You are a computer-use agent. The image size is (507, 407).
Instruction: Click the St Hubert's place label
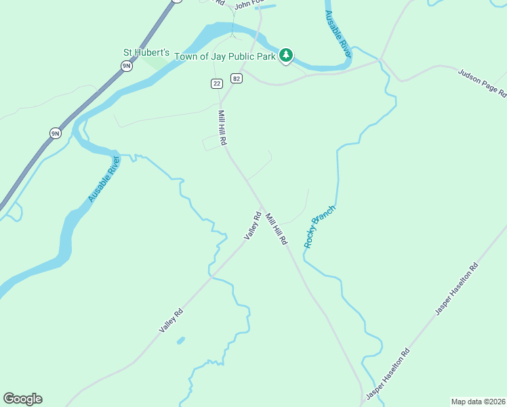coord(145,52)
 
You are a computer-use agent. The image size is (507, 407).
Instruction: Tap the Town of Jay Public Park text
coord(225,56)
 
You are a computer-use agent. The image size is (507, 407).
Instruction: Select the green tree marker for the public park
coord(287,54)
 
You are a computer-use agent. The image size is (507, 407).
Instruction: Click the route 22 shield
coord(216,83)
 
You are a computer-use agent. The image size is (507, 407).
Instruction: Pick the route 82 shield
coord(236,78)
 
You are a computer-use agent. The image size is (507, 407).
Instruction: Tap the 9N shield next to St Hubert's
coord(126,65)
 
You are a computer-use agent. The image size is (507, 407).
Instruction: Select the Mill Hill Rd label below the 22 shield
coord(222,128)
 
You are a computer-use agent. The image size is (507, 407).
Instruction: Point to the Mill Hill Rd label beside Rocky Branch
coord(277,229)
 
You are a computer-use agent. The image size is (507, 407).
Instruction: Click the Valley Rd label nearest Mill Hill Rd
coord(253,226)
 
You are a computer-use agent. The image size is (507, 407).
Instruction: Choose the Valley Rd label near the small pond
coord(171,320)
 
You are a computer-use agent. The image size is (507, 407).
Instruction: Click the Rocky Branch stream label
coord(320,226)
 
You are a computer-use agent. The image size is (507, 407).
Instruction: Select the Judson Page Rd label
coord(482,83)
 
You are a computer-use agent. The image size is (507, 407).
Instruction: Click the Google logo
coord(22,399)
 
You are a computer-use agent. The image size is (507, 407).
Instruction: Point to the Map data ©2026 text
coord(479,401)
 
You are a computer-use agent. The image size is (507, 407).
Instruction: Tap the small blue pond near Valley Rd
coord(180,340)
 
